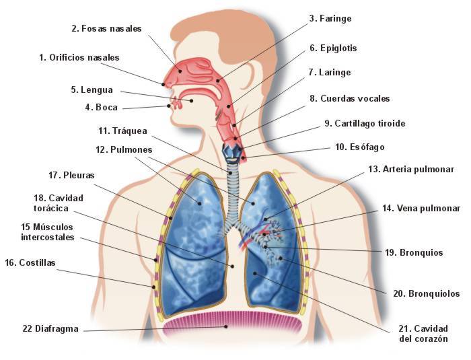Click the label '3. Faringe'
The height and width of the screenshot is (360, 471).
coord(330,19)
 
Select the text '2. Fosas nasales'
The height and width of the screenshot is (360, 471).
coord(106,29)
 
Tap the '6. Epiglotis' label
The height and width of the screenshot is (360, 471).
coord(333,48)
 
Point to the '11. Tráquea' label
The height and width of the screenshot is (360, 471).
coord(123,131)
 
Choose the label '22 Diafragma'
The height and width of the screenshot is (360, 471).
coord(50,329)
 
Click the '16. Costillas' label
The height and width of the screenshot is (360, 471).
coord(30,263)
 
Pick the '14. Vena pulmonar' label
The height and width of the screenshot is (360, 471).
coord(421,208)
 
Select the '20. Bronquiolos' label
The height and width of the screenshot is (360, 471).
coord(426,293)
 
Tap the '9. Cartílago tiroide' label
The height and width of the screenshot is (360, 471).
coord(365,124)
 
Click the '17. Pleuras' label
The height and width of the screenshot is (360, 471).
coord(71,175)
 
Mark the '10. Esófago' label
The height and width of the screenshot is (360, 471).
coord(360,147)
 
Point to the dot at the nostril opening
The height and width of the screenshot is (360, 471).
coord(164,84)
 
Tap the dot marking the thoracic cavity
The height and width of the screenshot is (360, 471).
coord(232,266)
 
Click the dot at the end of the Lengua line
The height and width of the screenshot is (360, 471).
coord(191,101)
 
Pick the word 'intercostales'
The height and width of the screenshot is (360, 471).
coord(48,237)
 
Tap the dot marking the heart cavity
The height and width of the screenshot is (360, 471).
coord(255,273)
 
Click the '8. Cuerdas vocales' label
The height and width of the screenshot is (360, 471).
coord(350,98)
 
